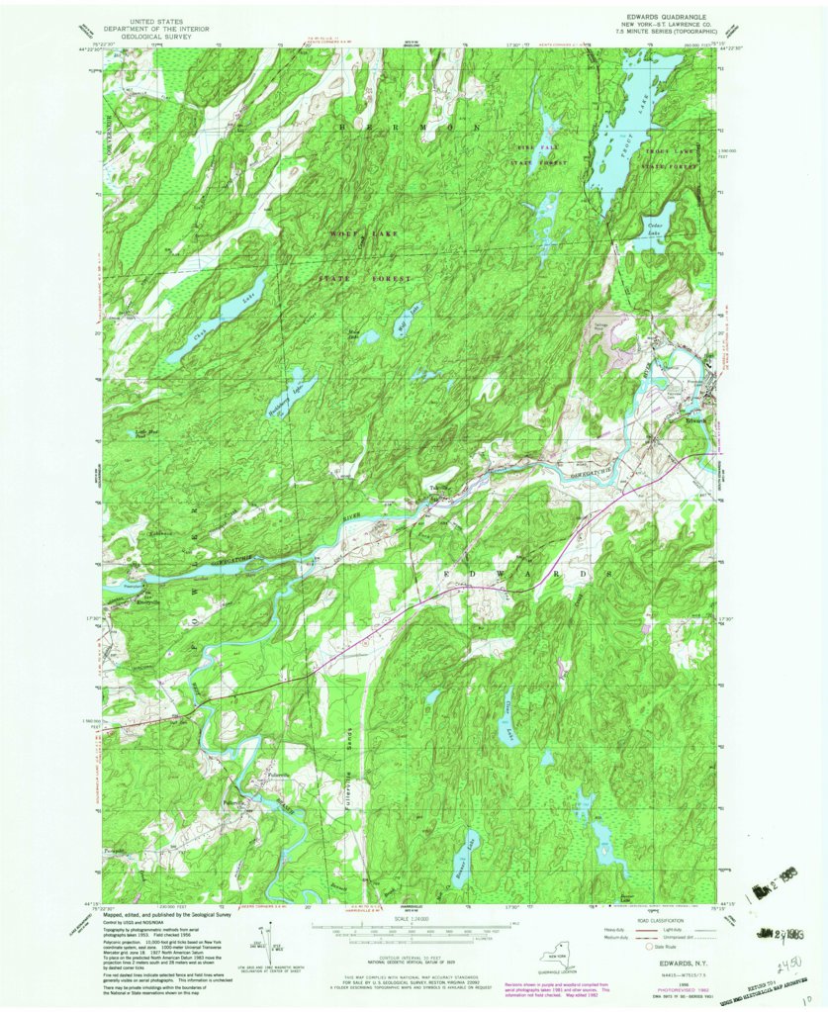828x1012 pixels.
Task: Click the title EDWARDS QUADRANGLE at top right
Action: click(660, 16)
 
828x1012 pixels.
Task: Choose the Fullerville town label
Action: click(274, 775)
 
